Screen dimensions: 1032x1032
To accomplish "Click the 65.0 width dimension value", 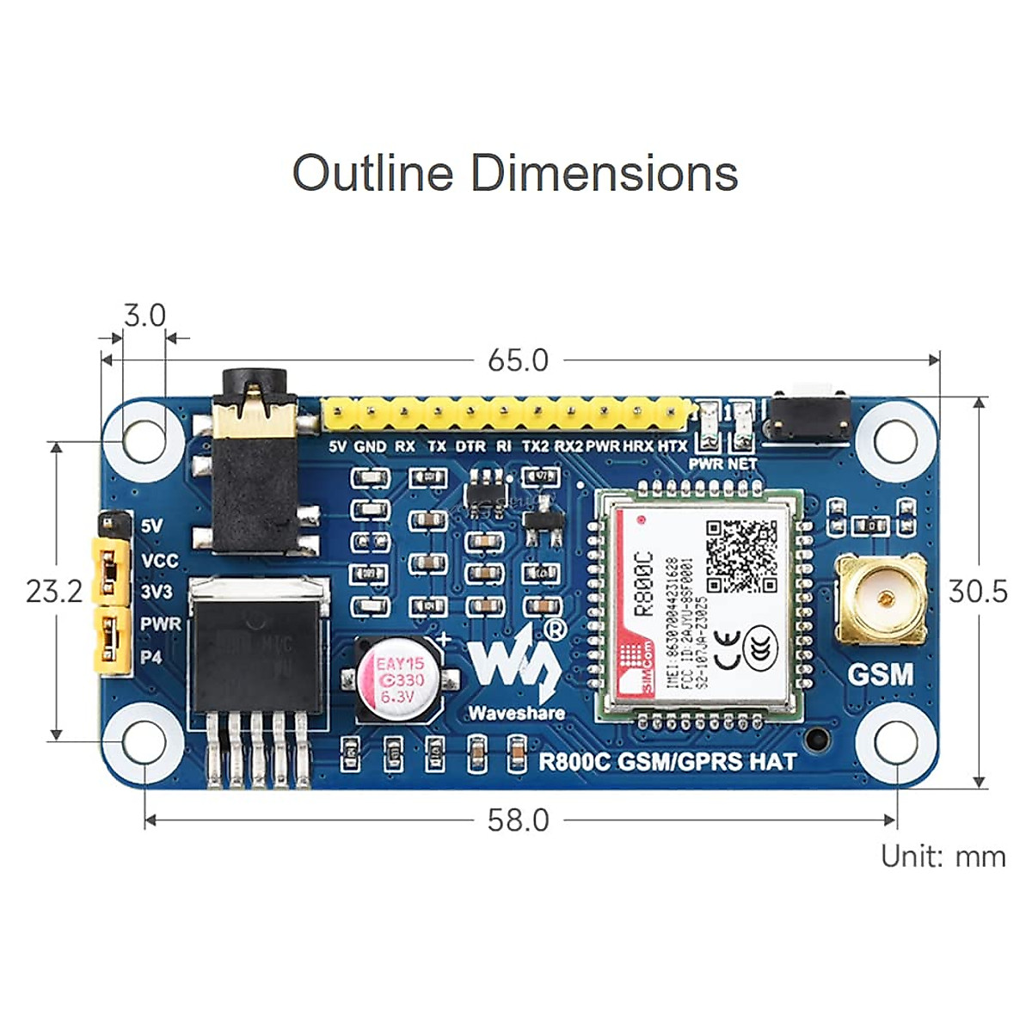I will (518, 360).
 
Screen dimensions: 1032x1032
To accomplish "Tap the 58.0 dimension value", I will (518, 820).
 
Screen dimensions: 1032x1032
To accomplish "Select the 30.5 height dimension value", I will (978, 592).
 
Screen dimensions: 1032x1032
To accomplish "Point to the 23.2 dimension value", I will (54, 592).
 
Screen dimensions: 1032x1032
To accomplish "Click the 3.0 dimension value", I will (144, 316).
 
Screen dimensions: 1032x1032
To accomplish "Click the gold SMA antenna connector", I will (881, 597).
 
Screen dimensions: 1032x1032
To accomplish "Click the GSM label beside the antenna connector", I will (881, 674).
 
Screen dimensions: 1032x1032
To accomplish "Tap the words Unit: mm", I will (943, 857).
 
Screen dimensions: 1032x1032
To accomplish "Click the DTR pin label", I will (470, 446).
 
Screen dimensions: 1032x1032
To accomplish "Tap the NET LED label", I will (742, 464).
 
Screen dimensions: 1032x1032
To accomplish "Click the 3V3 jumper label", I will (157, 593).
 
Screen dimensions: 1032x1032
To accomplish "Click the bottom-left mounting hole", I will (144, 741).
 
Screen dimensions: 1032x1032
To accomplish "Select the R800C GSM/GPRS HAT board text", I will (667, 762).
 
